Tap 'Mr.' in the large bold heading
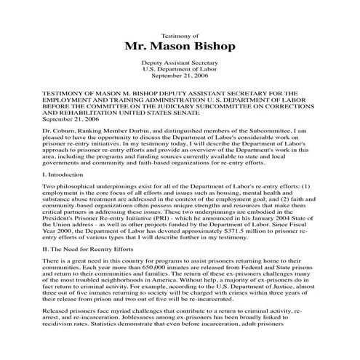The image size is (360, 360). pyautogui.click(x=138, y=48)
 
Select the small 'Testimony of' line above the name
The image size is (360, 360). pyautogui.click(x=180, y=34)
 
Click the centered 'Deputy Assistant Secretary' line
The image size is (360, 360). pyautogui.click(x=180, y=64)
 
